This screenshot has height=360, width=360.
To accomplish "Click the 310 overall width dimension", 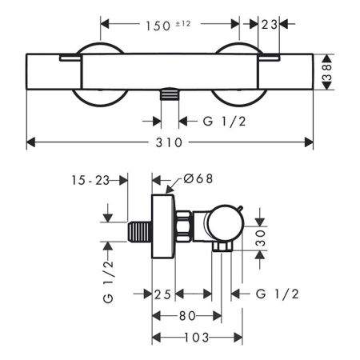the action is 169,142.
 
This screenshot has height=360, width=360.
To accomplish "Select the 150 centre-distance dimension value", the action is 158,26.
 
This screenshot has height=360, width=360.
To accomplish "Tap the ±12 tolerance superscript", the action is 183,24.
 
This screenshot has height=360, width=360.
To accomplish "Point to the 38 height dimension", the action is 327,72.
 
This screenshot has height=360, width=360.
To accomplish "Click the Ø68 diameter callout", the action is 198,178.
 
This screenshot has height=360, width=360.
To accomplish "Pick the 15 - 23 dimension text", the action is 90,181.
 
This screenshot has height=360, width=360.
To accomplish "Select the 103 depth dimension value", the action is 197,338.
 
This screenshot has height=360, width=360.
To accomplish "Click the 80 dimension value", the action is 187,316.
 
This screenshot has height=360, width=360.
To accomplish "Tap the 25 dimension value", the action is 162,294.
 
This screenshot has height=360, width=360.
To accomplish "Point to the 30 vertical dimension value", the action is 260,238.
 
